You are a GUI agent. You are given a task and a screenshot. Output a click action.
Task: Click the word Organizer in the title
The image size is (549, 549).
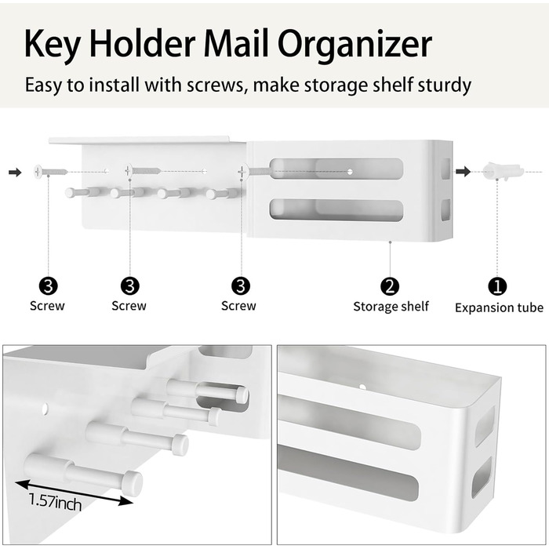pyautogui.click(x=354, y=45)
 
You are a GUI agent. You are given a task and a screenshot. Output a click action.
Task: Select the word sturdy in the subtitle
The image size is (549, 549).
pyautogui.click(x=445, y=85)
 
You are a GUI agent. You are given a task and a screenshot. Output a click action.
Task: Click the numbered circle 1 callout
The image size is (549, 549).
pyautogui.click(x=497, y=286)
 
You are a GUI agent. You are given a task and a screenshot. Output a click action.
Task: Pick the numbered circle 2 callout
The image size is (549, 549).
pyautogui.click(x=390, y=286)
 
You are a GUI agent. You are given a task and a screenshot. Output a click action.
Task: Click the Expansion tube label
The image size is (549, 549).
pyautogui.click(x=499, y=307)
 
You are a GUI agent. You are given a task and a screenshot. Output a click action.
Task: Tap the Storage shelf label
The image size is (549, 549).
pyautogui.click(x=391, y=307)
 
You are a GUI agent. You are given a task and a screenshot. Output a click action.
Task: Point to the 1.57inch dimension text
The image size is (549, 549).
pyautogui.click(x=56, y=503)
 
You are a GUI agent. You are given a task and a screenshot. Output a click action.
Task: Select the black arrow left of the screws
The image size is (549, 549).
pyautogui.click(x=15, y=172)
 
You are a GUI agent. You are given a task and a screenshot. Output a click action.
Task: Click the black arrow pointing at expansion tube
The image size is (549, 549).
pyautogui.click(x=463, y=172)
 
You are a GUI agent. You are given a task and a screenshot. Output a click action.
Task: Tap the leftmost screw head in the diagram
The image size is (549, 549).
pyautogui.click(x=38, y=172)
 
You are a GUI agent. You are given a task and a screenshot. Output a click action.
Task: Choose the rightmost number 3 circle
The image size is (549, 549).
pyautogui.click(x=241, y=286)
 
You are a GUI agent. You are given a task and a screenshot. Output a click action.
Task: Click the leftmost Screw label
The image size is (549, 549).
pyautogui.click(x=47, y=306)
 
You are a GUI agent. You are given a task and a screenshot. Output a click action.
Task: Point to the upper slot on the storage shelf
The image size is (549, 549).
pyautogui.click(x=336, y=169)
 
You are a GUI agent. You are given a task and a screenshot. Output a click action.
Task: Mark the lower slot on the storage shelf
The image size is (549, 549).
pyautogui.click(x=336, y=210)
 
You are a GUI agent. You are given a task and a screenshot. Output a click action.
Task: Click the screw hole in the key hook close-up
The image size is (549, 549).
pyautogui.click(x=45, y=408)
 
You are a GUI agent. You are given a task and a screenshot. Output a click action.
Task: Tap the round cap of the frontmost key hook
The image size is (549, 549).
pyautogui.click(x=133, y=483)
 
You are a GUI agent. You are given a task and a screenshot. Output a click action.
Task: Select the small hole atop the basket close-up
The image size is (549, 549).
pyautogui.click(x=362, y=387)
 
